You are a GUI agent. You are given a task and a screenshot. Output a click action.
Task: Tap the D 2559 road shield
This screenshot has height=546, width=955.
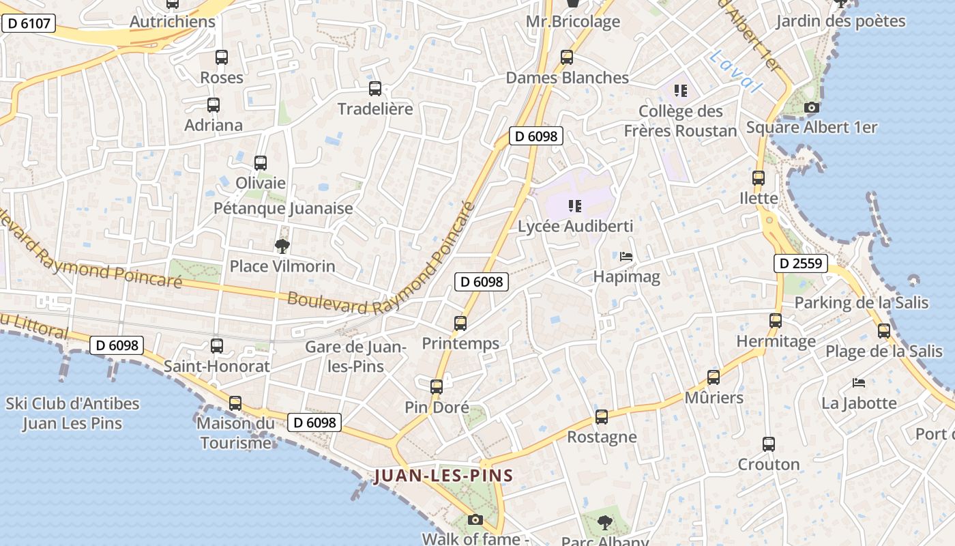pyautogui.click(x=801, y=263)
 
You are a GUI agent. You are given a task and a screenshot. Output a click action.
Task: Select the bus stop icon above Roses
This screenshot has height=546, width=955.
pyautogui.click(x=221, y=57)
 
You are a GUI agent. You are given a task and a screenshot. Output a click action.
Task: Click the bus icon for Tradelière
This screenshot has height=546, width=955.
pyautogui.click(x=374, y=89)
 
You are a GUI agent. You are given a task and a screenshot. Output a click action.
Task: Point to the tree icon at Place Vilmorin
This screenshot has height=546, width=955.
pyautogui.click(x=282, y=246)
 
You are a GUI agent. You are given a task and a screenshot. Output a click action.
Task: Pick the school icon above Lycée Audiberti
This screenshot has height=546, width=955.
pyautogui.click(x=574, y=206)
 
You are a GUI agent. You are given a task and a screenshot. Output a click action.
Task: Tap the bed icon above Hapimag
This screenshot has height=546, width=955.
pyautogui.click(x=626, y=257)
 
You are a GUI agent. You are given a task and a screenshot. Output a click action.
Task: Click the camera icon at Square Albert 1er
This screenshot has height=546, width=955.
pyautogui.click(x=811, y=107)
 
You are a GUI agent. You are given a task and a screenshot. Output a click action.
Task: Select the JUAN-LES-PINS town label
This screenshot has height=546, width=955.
pyautogui.click(x=443, y=476)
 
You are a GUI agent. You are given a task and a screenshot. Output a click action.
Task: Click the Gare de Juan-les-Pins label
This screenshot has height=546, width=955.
pyautogui.click(x=355, y=356)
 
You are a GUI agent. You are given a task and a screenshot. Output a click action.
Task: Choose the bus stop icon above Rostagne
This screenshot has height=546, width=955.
pyautogui.click(x=601, y=417)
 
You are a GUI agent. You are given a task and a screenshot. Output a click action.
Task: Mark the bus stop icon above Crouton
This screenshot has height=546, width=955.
pyautogui.click(x=769, y=444)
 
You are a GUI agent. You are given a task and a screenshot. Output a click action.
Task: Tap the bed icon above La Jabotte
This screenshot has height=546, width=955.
pyautogui.click(x=859, y=383)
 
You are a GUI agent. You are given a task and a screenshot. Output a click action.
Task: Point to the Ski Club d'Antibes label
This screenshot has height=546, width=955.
pyautogui.click(x=72, y=413)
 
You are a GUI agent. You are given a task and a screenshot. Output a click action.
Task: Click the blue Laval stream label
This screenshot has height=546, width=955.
pyautogui.click(x=735, y=72)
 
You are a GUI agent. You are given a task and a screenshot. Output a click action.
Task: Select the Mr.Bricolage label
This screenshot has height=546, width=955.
pyautogui.click(x=572, y=21)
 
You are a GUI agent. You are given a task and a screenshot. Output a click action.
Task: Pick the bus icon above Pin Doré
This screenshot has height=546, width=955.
pyautogui.click(x=437, y=387)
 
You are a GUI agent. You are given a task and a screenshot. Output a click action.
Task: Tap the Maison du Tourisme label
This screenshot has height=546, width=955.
pyautogui.click(x=235, y=433)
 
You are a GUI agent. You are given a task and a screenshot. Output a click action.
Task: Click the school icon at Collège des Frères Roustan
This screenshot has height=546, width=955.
pyautogui.click(x=680, y=90)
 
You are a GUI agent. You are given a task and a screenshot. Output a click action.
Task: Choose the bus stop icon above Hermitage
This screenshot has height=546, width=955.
pyautogui.click(x=776, y=321)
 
